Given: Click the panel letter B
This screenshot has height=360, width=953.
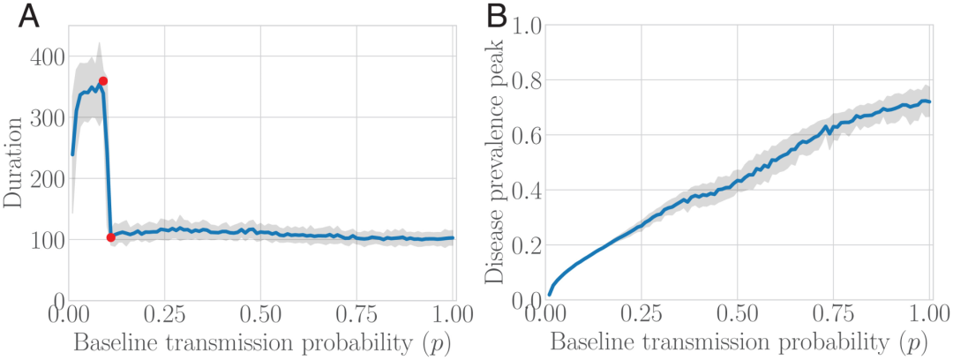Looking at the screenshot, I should click(499, 17).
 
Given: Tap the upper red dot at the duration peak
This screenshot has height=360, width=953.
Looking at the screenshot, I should click(103, 81).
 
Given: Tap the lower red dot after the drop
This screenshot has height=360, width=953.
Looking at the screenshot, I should click(110, 237).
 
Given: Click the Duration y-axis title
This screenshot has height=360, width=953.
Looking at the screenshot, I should click(14, 177).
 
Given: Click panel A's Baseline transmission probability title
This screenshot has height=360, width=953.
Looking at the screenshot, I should click(261, 341).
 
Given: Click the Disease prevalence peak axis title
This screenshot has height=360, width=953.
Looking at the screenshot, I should click(497, 163).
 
